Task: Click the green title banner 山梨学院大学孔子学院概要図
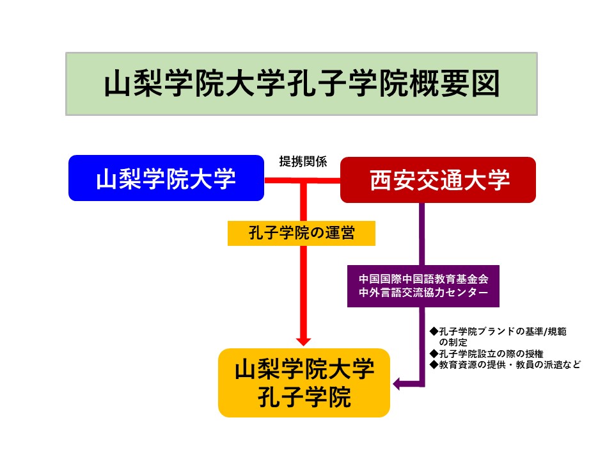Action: pyautogui.click(x=301, y=84)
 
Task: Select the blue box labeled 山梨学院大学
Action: pyautogui.click(x=166, y=178)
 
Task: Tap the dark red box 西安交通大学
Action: pyautogui.click(x=437, y=180)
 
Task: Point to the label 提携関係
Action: pyautogui.click(x=303, y=161)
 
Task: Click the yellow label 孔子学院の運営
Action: pyautogui.click(x=301, y=233)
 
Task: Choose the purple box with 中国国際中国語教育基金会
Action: pyautogui.click(x=423, y=286)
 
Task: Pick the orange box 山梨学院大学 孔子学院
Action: pyautogui.click(x=304, y=383)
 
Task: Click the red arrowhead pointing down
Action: pyautogui.click(x=303, y=341)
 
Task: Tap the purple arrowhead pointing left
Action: pyautogui.click(x=397, y=384)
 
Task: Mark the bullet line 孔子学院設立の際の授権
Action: pyautogui.click(x=486, y=354)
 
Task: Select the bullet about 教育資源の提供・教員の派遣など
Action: pyautogui.click(x=505, y=365)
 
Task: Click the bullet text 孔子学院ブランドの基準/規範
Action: pyautogui.click(x=498, y=332)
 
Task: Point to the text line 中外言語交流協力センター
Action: pyautogui.click(x=423, y=293)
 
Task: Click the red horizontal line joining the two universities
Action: pyautogui.click(x=303, y=181)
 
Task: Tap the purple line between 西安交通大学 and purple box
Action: pyautogui.click(x=422, y=234)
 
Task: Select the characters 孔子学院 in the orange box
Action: pyautogui.click(x=304, y=397)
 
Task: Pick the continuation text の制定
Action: pyautogui.click(x=453, y=342)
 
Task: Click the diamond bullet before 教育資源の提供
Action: pyautogui.click(x=434, y=365)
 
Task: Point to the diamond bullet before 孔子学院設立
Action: pyautogui.click(x=434, y=354)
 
